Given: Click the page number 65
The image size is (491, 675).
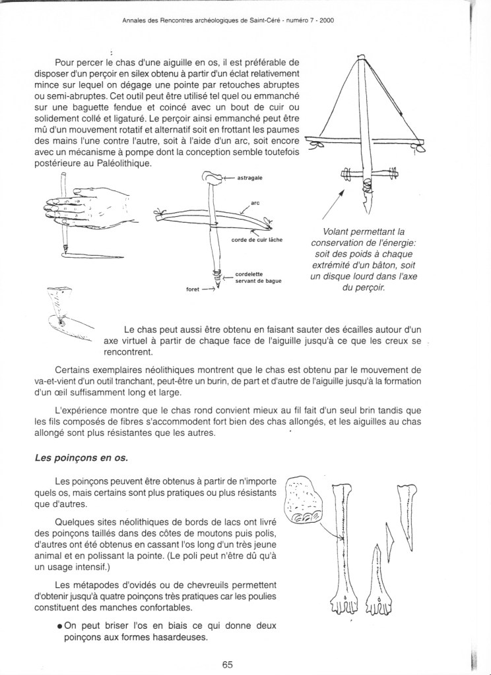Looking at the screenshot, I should coord(228,664).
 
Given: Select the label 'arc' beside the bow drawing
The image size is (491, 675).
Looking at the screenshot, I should coord(255,204).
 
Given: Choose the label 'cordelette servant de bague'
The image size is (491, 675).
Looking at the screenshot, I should coord(258,277).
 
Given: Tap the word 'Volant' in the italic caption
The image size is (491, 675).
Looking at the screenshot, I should coord(337,232).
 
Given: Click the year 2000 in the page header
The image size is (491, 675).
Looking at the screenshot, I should coord(325,20).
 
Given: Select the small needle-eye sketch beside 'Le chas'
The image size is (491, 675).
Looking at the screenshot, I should coord(63,310).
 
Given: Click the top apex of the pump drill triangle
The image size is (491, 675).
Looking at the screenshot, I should coord(360,58).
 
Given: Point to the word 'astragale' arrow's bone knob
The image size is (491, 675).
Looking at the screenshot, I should coord(212,177).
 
